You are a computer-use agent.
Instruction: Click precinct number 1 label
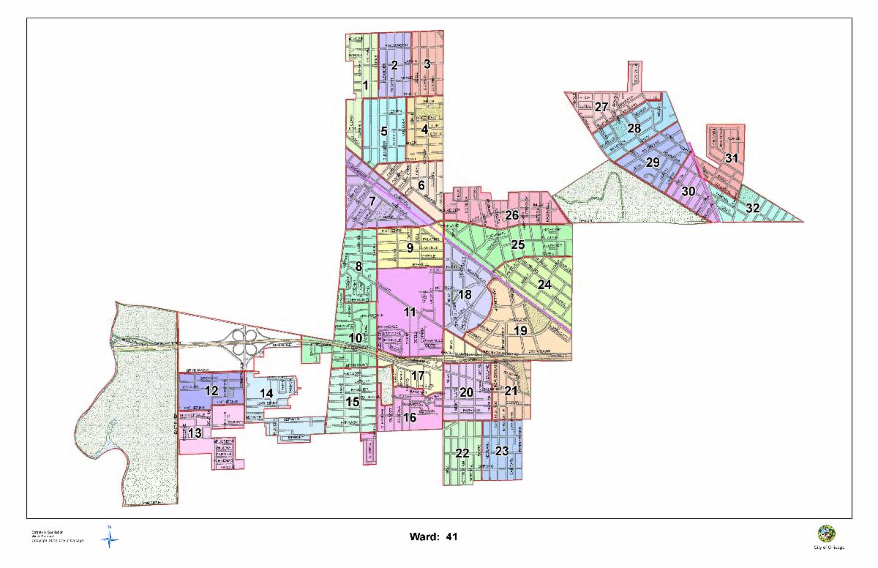pyautogui.click(x=365, y=85)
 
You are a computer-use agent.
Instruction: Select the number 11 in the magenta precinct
pyautogui.click(x=410, y=312)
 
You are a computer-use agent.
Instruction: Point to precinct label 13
pyautogui.click(x=194, y=433)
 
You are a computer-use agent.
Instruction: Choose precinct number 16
pyautogui.click(x=410, y=417)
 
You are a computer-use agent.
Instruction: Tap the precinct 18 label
pyautogui.click(x=464, y=294)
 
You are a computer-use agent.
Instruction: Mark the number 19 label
pyautogui.click(x=520, y=330)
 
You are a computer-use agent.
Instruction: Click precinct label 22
pyautogui.click(x=462, y=453)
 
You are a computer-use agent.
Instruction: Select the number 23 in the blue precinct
pyautogui.click(x=501, y=450)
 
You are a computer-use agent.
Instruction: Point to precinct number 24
pyautogui.click(x=544, y=284)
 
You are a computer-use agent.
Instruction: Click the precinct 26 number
pyautogui.click(x=511, y=215)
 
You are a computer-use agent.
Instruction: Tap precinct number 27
pyautogui.click(x=601, y=107)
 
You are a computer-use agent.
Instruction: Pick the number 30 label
pyautogui.click(x=688, y=191)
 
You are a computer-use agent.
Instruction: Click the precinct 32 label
pyautogui.click(x=752, y=208)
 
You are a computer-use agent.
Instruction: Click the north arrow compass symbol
pyautogui.click(x=110, y=539)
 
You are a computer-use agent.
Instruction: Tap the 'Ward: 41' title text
pyautogui.click(x=435, y=537)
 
